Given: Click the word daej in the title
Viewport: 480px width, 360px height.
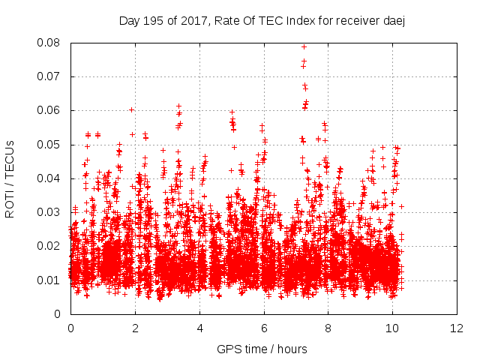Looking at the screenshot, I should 395,20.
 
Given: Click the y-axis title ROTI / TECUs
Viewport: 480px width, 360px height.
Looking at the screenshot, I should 10,178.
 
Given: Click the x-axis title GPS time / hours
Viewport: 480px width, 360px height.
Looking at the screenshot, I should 262,349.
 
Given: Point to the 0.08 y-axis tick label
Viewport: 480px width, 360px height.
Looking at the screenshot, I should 51,43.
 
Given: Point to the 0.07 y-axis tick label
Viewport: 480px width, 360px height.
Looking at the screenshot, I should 51,76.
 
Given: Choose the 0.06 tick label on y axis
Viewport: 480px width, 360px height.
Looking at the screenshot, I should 51,110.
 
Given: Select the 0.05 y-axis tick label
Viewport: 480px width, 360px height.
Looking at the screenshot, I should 51,144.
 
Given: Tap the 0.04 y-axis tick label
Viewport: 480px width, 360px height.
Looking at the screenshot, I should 51,178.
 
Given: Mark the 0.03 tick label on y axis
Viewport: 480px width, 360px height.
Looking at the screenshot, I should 51,212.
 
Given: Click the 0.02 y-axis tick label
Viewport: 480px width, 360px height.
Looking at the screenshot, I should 51,246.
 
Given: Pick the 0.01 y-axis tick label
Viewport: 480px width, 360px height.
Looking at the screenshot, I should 51,280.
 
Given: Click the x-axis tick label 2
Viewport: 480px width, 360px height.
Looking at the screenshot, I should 135,328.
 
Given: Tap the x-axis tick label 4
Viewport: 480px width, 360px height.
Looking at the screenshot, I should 199,328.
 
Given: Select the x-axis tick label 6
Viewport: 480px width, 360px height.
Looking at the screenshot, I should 264,328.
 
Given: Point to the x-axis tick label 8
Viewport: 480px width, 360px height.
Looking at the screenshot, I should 328,328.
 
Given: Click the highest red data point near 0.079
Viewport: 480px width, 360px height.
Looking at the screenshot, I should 304,46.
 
